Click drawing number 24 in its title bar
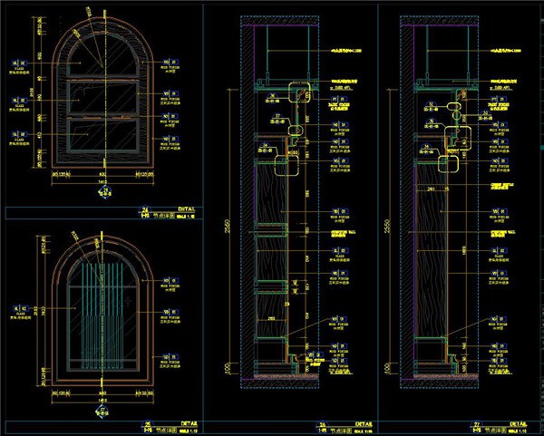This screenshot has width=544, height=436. pyautogui.click(x=144, y=207)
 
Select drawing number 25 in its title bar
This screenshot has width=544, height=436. pyautogui.click(x=148, y=422)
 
